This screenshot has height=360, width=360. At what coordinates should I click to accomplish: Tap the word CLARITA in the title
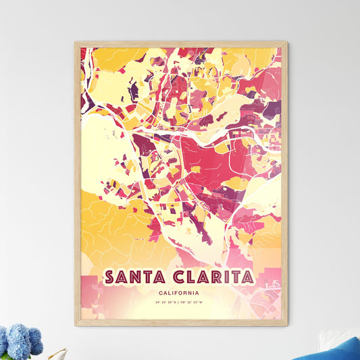(212, 278)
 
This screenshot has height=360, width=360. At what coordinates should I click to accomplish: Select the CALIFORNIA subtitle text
(180, 293)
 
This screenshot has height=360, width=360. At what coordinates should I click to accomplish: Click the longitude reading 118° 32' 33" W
(196, 302)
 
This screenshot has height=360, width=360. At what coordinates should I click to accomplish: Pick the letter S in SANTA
(109, 278)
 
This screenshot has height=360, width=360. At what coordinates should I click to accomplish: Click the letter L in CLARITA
(190, 278)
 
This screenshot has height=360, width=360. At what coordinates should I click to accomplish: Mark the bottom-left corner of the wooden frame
(76, 326)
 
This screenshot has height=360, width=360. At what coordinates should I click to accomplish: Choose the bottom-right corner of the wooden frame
(286, 326)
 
